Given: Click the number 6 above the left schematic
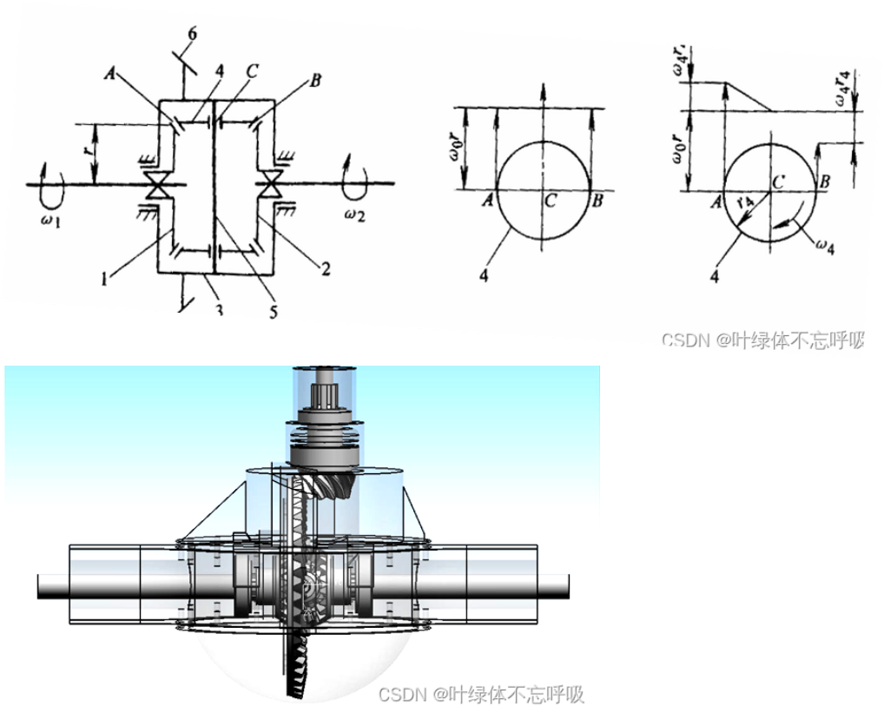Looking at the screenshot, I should [193, 34].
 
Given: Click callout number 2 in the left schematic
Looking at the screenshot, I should [326, 270].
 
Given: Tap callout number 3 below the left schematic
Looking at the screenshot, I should [219, 307].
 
